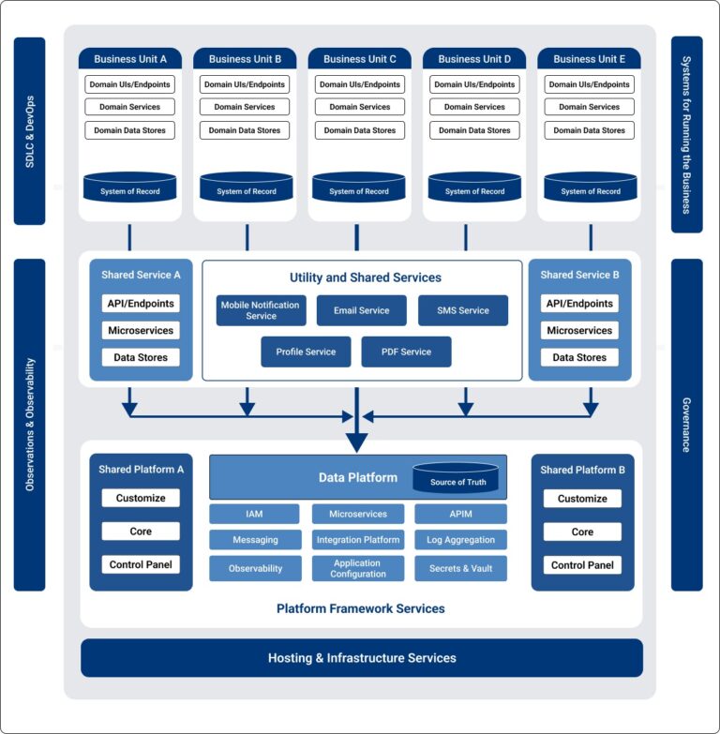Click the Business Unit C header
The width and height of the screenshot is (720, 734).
[360, 58]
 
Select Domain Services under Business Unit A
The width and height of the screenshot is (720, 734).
[130, 107]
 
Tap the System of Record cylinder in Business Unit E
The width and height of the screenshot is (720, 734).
[590, 187]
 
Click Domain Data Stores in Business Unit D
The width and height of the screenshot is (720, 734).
[475, 130]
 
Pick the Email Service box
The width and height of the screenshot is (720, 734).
[361, 310]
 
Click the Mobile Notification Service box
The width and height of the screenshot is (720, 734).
[261, 310]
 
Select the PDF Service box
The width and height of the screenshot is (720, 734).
[406, 352]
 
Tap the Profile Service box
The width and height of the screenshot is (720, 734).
[306, 352]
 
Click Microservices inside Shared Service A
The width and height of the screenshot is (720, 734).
[141, 330]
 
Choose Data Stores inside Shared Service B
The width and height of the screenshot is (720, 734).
[579, 357]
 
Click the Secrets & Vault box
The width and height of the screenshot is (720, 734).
[460, 568]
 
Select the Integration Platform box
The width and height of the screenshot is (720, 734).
[358, 540]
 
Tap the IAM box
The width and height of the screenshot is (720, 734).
[254, 514]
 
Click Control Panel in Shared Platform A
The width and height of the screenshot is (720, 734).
[141, 564]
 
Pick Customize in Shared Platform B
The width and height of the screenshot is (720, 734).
[582, 499]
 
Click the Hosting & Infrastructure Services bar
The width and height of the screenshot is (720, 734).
[362, 658]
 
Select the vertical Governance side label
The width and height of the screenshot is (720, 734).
[686, 425]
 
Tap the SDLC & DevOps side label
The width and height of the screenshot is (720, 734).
[30, 131]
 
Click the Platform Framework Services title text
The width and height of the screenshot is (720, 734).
[360, 608]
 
